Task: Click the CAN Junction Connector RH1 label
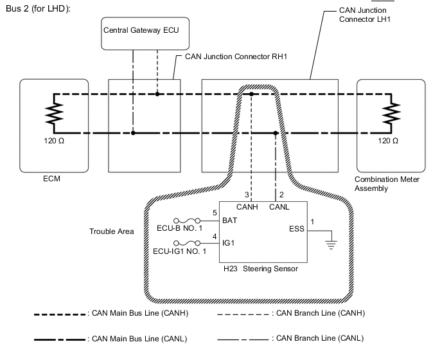click(x=235, y=57)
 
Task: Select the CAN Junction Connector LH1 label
click(x=366, y=15)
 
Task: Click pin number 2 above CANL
click(x=281, y=195)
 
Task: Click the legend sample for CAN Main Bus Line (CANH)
click(x=60, y=314)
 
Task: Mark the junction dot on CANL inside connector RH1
click(x=133, y=134)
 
